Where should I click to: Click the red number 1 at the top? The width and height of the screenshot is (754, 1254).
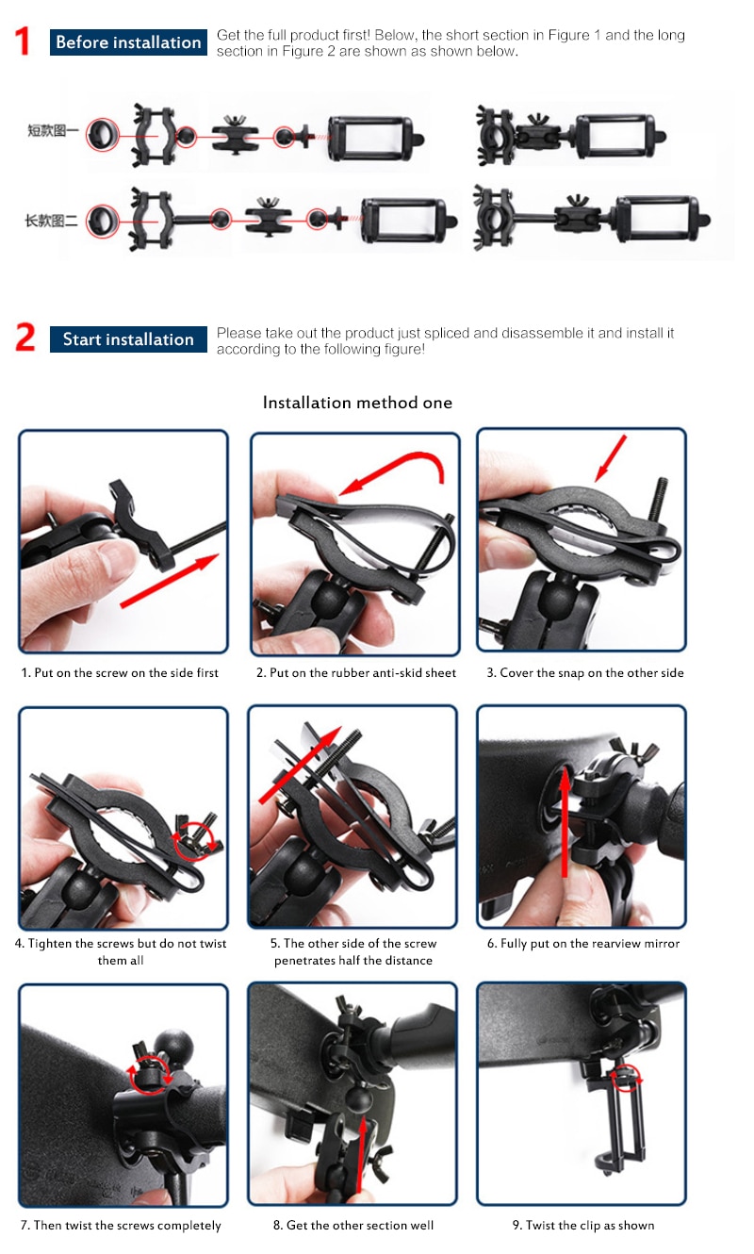point(25,42)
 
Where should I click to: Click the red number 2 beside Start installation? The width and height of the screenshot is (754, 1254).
point(25,338)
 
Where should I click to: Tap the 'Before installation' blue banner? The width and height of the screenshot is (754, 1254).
point(128,42)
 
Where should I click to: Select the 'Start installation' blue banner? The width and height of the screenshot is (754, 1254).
point(128,339)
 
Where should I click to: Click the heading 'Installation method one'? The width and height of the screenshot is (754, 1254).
point(357,403)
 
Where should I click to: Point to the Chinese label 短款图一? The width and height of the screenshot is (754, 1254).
point(53,131)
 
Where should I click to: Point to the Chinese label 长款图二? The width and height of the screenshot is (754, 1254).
point(53,223)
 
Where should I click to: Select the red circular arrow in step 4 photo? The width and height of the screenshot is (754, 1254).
point(195,834)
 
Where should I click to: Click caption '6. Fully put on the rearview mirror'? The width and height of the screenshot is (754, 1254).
point(583,943)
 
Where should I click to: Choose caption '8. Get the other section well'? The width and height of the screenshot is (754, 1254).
point(353,1225)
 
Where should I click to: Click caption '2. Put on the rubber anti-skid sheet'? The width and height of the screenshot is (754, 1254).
point(356,672)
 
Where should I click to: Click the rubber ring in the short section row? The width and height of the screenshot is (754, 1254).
point(98,135)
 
